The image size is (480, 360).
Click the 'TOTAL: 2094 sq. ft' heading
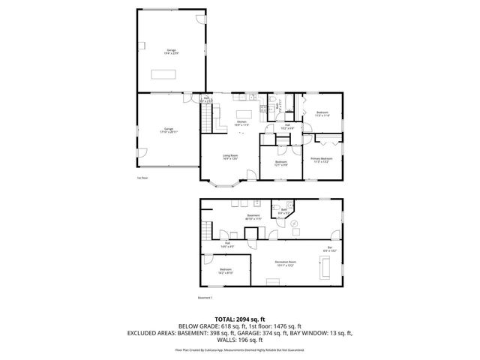point(240,319)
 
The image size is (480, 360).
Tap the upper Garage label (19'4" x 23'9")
point(172,50)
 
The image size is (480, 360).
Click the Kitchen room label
point(242,123)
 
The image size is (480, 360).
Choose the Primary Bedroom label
point(322,160)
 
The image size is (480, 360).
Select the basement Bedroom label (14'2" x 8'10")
point(226,271)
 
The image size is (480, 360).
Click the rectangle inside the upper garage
point(162,73)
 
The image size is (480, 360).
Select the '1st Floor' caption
point(142,178)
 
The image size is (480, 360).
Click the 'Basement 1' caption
point(206,297)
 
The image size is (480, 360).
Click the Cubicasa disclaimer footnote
point(240,349)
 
